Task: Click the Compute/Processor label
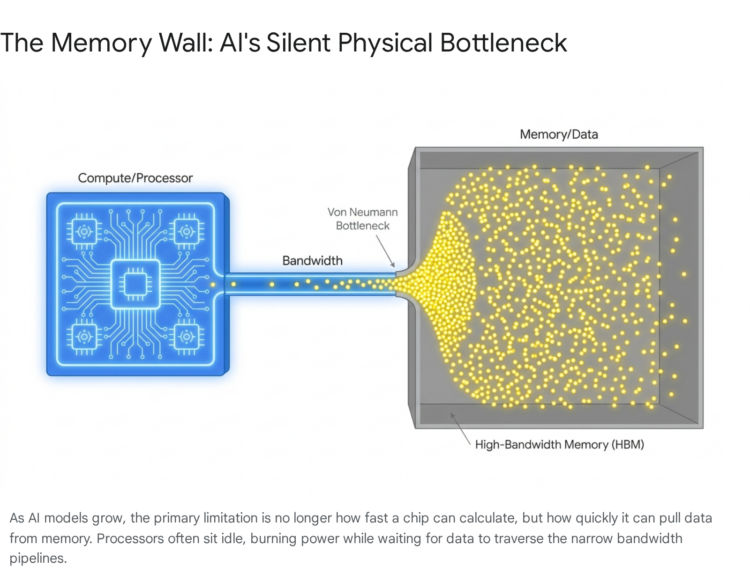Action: (x=135, y=178)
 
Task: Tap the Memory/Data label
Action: (x=559, y=134)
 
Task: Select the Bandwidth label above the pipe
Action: (x=312, y=261)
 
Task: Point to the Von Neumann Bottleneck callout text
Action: (x=362, y=219)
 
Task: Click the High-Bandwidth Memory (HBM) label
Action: (x=560, y=445)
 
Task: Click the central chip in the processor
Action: (x=135, y=284)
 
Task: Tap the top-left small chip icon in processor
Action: (x=84, y=231)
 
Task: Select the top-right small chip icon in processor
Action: (x=187, y=231)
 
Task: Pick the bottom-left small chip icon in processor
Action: (x=84, y=337)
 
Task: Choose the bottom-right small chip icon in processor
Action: (x=187, y=337)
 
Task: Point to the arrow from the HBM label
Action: (x=460, y=429)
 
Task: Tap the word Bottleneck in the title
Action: (x=503, y=43)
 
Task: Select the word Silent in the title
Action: (x=298, y=43)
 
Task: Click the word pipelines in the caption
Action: (x=38, y=558)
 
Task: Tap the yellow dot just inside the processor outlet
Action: (x=213, y=285)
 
